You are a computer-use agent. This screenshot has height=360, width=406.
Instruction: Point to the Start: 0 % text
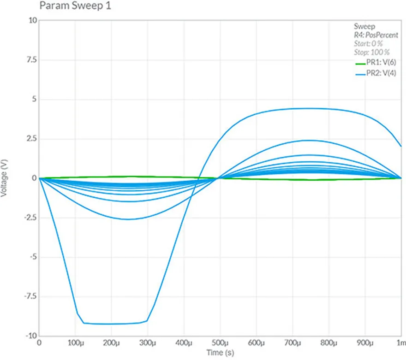[368, 43]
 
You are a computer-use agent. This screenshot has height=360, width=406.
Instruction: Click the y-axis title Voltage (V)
[5, 179]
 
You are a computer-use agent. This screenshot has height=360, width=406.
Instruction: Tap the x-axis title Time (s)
[220, 353]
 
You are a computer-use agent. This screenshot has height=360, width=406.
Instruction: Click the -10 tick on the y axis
[28, 336]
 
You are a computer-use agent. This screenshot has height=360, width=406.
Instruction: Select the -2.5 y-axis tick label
[26, 218]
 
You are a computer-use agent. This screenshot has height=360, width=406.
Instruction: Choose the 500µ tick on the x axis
[220, 343]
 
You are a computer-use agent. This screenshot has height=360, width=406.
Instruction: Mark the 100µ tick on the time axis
[75, 343]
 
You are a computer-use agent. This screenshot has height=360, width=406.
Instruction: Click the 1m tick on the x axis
[401, 343]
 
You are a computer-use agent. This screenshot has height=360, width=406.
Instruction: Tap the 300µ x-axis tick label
[148, 343]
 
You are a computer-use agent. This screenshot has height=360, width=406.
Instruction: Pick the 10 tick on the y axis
[30, 20]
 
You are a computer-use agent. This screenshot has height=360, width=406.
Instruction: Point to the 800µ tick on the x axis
[328, 343]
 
